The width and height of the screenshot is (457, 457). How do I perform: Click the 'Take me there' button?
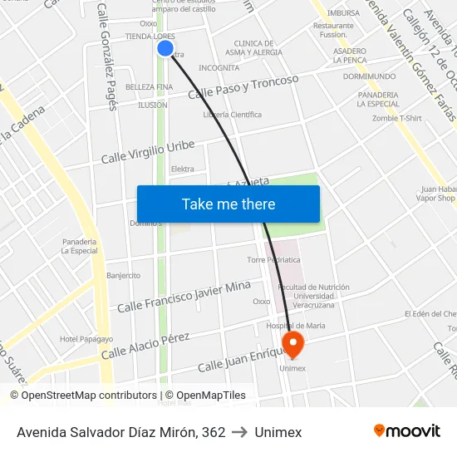click(x=228, y=204)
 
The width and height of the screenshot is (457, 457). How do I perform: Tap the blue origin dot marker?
click(x=165, y=49)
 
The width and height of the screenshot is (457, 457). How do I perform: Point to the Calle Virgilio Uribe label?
click(x=148, y=152)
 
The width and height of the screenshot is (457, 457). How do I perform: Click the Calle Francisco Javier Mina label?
click(x=184, y=297)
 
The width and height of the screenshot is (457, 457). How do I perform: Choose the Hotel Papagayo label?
click(x=86, y=339)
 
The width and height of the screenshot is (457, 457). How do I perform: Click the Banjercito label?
click(x=123, y=275)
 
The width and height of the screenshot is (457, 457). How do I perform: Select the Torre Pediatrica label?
click(x=273, y=260)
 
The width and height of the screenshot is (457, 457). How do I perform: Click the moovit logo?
click(x=406, y=430)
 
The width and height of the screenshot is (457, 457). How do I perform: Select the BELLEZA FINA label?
click(x=149, y=87)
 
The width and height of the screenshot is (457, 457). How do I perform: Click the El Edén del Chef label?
click(x=430, y=314)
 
